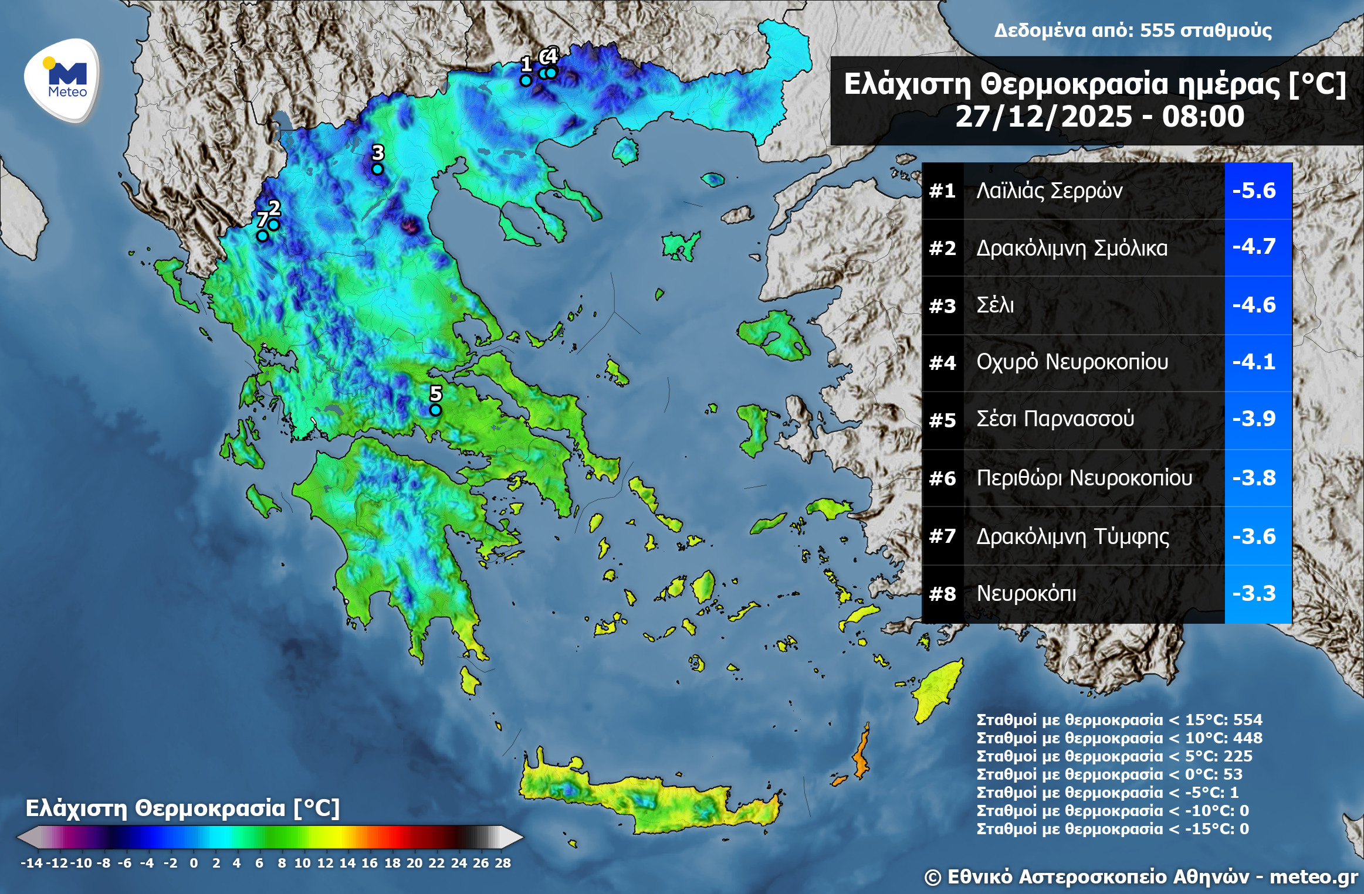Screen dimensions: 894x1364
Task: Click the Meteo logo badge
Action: point(62,80)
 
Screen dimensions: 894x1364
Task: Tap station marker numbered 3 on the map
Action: point(378,169)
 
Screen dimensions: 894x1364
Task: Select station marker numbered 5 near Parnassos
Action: point(435,410)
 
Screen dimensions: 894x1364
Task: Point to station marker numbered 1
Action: point(526,80)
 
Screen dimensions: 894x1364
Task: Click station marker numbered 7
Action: point(262,236)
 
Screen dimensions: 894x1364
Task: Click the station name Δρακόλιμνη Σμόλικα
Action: point(1072,248)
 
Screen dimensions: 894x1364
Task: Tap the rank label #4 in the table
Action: point(942,363)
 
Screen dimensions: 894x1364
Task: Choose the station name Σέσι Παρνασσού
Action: point(1055,419)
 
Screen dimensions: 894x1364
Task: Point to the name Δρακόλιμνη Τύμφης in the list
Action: point(1072,536)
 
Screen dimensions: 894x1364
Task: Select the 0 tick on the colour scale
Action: point(194,863)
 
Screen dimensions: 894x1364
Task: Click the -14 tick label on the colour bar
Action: point(32,863)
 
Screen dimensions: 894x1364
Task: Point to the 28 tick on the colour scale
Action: point(503,863)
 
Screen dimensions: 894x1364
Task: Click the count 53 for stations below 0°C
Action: point(1233,774)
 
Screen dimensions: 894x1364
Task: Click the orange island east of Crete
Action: point(861,757)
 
